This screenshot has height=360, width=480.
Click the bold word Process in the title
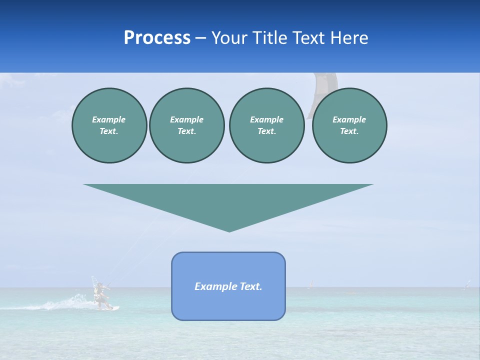[157, 38]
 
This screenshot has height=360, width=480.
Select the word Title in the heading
[269, 38]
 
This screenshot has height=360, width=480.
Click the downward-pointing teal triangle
[228, 202]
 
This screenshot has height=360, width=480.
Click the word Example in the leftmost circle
[109, 119]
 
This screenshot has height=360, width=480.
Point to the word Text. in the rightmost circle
[349, 131]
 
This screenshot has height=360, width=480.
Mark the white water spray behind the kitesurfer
[65, 303]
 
